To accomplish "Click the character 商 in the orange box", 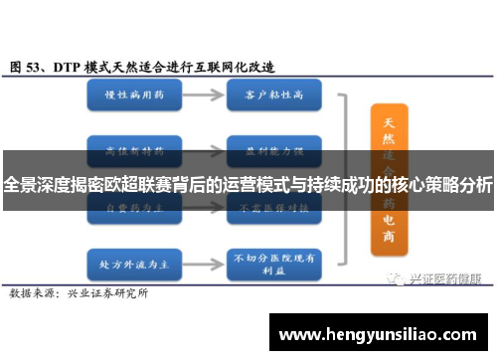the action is coord(388,240).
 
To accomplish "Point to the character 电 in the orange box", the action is coord(388,219).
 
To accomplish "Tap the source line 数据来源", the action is coord(33,267).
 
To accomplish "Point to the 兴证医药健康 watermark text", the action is coord(447,252).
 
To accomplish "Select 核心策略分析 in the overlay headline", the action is coord(444,184).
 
